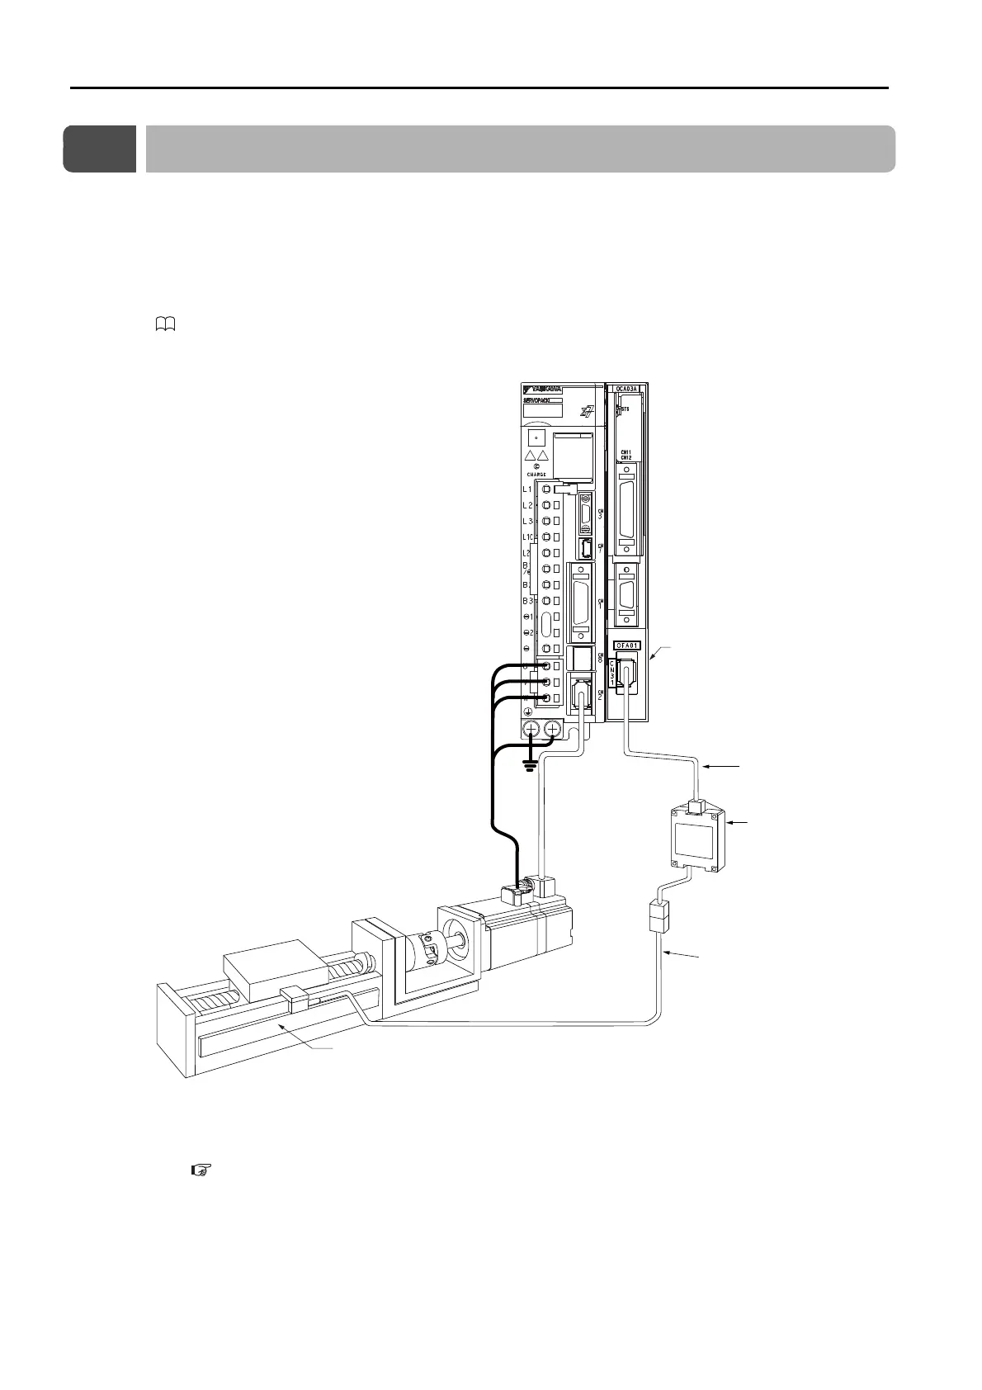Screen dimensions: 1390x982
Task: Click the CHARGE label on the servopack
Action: [536, 474]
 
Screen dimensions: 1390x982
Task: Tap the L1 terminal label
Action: [528, 489]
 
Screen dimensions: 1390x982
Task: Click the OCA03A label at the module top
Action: [629, 389]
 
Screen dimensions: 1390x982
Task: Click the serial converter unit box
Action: [696, 841]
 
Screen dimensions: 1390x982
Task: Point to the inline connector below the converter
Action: [658, 918]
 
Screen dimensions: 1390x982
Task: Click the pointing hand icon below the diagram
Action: [201, 1170]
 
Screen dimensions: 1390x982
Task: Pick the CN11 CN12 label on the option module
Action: [626, 456]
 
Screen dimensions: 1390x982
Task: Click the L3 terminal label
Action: [528, 521]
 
